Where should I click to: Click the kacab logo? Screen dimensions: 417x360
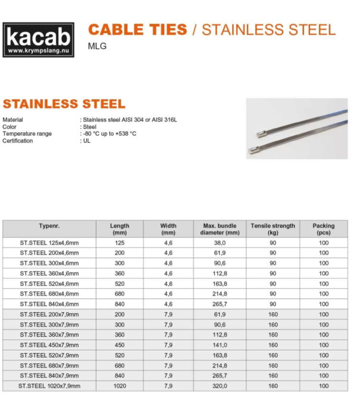point(39,39)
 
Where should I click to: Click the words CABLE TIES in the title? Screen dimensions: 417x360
point(137,29)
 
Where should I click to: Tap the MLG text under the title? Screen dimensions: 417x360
point(97,46)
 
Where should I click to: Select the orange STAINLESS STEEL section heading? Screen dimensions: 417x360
point(64,104)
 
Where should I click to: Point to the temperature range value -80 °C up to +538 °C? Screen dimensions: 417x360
point(109,133)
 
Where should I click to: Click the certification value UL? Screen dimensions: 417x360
point(86,141)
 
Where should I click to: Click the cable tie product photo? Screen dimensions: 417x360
point(296,129)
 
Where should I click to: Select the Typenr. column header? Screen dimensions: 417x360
point(49,226)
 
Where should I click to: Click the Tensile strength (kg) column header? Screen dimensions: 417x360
point(273,229)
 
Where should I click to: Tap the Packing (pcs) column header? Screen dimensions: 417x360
point(323,229)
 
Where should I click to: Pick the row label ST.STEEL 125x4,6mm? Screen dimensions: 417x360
point(49,243)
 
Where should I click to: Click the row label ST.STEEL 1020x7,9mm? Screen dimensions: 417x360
point(49,386)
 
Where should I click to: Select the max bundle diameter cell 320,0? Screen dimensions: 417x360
point(220,386)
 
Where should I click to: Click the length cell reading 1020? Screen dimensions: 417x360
point(120,386)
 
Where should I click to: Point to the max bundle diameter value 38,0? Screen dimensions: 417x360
point(220,243)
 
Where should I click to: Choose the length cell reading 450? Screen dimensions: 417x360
point(120,345)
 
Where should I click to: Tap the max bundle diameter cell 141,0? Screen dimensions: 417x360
point(220,345)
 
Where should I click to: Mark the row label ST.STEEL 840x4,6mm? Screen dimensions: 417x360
point(49,304)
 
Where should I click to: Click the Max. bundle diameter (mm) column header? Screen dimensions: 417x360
point(220,229)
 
